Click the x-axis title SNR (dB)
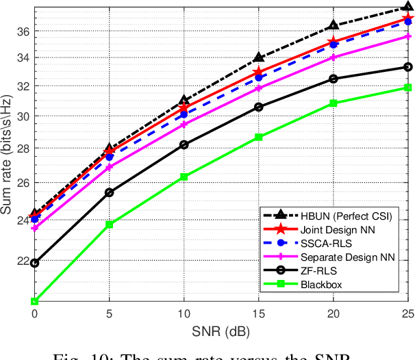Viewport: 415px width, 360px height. pos(221,330)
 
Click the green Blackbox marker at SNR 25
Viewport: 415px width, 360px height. pos(407,88)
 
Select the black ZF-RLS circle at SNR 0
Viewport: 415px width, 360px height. pos(34,263)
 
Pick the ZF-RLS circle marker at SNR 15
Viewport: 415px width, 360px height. pos(258,107)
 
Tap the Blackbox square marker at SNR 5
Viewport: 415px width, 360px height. pos(109,224)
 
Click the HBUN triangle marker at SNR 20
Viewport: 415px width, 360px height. pos(333,26)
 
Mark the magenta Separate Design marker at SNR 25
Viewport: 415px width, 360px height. pos(407,36)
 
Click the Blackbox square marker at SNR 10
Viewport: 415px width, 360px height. pos(184,177)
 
